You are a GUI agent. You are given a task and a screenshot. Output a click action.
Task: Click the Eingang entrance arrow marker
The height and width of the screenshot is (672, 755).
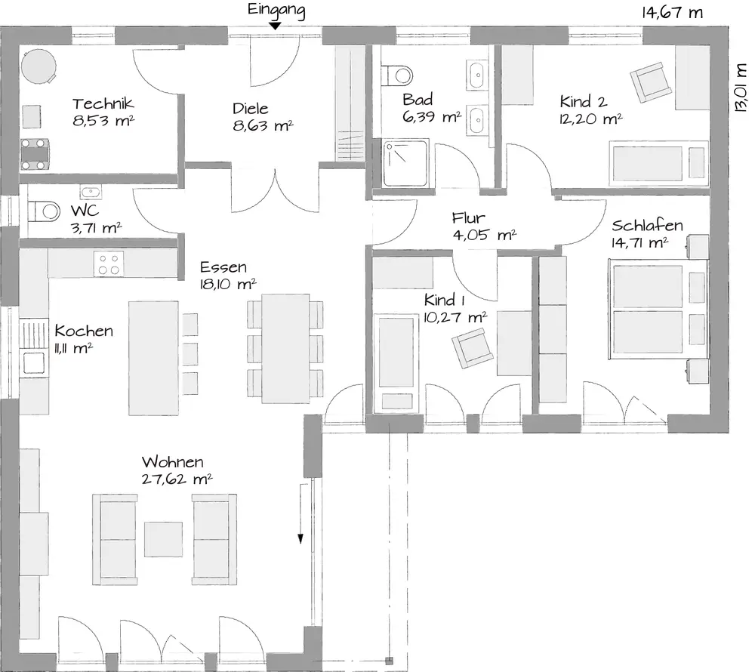(275, 26)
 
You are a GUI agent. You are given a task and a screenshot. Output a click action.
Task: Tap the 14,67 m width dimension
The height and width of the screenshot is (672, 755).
(672, 13)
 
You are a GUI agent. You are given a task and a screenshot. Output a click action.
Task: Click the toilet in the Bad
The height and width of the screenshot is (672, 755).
(397, 75)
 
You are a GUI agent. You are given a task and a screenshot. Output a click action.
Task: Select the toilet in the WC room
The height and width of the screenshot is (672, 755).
(44, 211)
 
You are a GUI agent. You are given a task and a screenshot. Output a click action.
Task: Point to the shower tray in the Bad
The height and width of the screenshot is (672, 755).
(405, 163)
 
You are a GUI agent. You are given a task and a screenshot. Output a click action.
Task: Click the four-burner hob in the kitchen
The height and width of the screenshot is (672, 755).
(109, 264)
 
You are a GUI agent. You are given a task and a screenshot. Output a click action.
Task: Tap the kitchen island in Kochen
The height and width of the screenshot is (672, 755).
(153, 358)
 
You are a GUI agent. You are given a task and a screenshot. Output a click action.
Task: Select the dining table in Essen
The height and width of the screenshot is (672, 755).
(285, 349)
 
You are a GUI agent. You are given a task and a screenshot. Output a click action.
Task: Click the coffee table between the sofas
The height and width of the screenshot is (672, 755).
(164, 539)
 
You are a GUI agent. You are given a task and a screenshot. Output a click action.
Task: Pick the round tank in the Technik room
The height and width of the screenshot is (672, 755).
(39, 66)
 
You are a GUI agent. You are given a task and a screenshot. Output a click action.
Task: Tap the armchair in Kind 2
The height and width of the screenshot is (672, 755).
(651, 82)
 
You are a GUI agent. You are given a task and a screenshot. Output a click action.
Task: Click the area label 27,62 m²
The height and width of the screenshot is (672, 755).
(177, 479)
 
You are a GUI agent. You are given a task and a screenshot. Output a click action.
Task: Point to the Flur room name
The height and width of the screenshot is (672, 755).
(468, 218)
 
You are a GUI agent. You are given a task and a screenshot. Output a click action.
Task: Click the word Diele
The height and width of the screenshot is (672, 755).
(251, 108)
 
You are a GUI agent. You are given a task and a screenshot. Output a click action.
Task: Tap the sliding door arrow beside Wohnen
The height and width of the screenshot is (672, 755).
(301, 513)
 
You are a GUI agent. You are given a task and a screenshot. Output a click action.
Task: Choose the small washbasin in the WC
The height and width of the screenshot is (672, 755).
(91, 192)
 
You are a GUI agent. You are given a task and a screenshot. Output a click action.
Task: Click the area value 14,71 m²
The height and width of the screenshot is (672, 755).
(640, 242)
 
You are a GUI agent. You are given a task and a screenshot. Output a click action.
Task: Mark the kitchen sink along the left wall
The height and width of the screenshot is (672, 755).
(34, 363)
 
